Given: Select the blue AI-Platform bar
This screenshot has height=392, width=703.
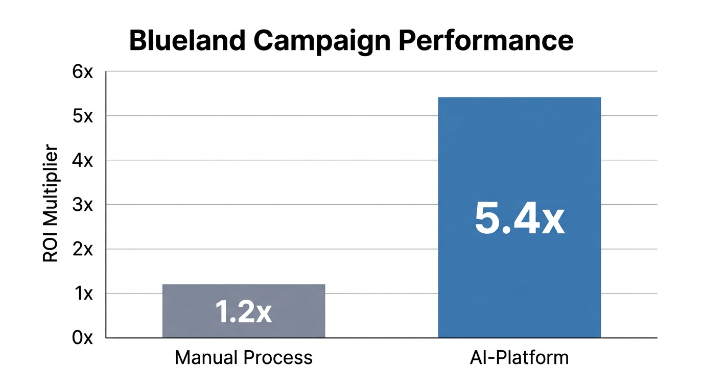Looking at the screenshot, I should tap(519, 153).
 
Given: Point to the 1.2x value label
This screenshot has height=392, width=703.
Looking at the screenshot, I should tap(244, 311).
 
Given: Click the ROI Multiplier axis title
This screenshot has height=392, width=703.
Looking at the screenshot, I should tap(50, 204).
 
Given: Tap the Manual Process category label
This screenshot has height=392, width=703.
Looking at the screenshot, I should tap(244, 358).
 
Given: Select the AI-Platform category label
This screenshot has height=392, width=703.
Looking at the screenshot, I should tap(519, 357).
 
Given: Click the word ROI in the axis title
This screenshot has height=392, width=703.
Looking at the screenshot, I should tap(50, 252).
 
